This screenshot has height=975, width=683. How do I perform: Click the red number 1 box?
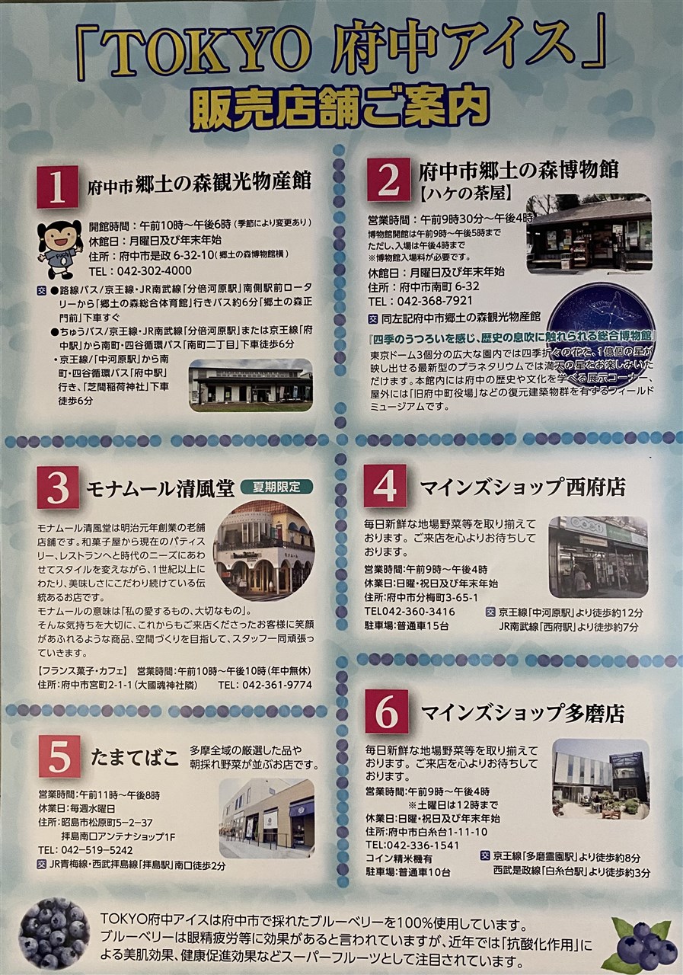click(57, 187)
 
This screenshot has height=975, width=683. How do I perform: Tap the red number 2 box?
click(388, 179)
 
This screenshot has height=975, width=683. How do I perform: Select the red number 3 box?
click(58, 487)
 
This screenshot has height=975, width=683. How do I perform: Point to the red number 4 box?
click(385, 486)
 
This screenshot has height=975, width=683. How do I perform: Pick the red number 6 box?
click(387, 711)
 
